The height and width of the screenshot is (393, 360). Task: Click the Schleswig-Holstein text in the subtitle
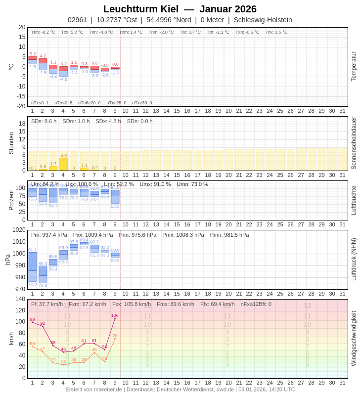click(263, 20)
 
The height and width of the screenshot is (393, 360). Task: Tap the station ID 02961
click(77, 20)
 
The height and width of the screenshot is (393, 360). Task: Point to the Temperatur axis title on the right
click(354, 67)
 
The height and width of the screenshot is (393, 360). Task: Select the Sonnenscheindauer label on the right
click(354, 143)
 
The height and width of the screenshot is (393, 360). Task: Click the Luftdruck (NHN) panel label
click(354, 260)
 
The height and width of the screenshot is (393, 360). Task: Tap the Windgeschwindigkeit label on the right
click(354, 339)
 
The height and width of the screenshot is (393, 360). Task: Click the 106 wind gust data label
click(115, 315)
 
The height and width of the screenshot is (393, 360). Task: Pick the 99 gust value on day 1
click(32, 319)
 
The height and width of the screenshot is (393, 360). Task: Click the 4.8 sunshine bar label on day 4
click(63, 155)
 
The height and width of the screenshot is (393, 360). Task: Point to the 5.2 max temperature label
click(33, 54)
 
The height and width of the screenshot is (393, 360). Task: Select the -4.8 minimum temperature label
click(63, 79)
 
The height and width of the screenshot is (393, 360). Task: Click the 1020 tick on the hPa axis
click(19, 230)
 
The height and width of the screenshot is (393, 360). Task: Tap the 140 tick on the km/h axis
click(20, 299)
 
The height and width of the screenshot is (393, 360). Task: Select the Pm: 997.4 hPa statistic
click(49, 235)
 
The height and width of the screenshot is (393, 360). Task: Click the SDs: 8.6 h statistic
click(44, 121)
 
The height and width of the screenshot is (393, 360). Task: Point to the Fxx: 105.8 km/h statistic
click(132, 304)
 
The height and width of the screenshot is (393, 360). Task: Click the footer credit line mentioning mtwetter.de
click(180, 389)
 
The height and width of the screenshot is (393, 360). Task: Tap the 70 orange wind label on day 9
click(115, 336)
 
